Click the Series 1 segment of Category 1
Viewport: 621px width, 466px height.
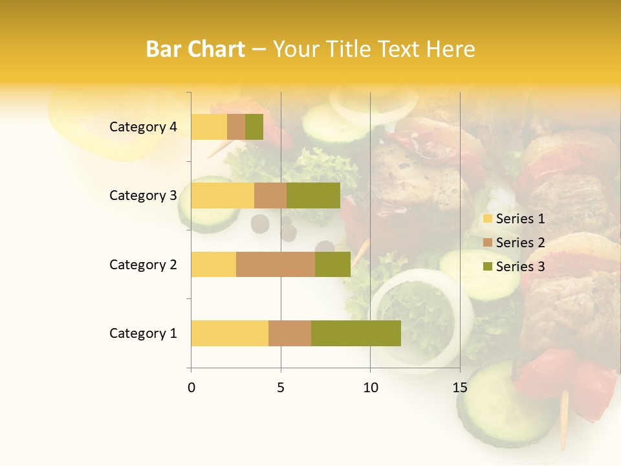coord(230,333)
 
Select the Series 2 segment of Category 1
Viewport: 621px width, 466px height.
coord(290,333)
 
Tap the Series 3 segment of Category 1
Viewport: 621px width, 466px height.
coord(356,333)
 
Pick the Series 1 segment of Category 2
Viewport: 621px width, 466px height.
coord(213,264)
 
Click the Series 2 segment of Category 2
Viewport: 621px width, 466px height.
coord(276,264)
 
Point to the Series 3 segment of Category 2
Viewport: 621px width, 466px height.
coord(332,264)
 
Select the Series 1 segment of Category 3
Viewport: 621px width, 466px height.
coord(223,195)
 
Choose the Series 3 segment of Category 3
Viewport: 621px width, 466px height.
coord(313,195)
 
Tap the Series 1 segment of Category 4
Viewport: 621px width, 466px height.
coord(209,127)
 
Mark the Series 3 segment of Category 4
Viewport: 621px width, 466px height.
coord(254,127)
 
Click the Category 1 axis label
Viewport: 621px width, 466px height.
coord(143,333)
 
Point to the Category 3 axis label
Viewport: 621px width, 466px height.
coord(143,195)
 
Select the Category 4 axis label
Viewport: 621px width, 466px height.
coord(143,127)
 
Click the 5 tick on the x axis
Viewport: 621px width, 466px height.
coord(281,388)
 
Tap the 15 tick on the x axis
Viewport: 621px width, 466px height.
coord(459,388)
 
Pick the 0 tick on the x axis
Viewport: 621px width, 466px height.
coord(191,388)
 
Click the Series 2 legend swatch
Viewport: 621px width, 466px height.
coord(488,243)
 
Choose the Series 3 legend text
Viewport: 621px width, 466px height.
coord(520,267)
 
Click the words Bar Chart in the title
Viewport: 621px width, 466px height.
coord(195,49)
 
